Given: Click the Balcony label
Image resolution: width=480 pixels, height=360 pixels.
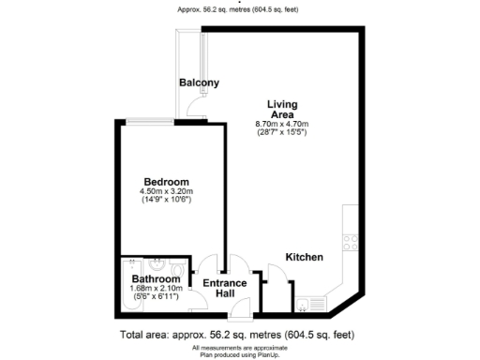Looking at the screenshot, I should [x=199, y=82].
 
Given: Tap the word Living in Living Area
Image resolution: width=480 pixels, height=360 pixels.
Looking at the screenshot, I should [x=282, y=103].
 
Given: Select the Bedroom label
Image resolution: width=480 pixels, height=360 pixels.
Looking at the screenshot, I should [x=166, y=181].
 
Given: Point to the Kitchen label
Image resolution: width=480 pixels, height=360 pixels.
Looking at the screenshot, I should [x=305, y=257].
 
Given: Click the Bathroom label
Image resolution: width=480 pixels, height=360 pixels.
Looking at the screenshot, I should [x=156, y=279].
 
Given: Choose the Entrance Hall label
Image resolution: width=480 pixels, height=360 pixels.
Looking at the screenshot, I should [x=225, y=289].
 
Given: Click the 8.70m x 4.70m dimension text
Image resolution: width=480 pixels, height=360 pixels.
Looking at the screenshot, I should [x=282, y=125].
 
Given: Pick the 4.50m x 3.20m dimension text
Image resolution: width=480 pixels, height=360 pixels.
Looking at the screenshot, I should [x=166, y=192].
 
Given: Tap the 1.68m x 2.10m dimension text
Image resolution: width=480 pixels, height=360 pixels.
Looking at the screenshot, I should [x=156, y=289].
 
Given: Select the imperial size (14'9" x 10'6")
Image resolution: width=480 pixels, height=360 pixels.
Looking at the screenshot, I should [x=166, y=202].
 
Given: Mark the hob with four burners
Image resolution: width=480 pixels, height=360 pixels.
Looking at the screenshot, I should [x=351, y=241].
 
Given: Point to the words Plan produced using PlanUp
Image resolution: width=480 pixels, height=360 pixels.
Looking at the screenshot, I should [x=240, y=352].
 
